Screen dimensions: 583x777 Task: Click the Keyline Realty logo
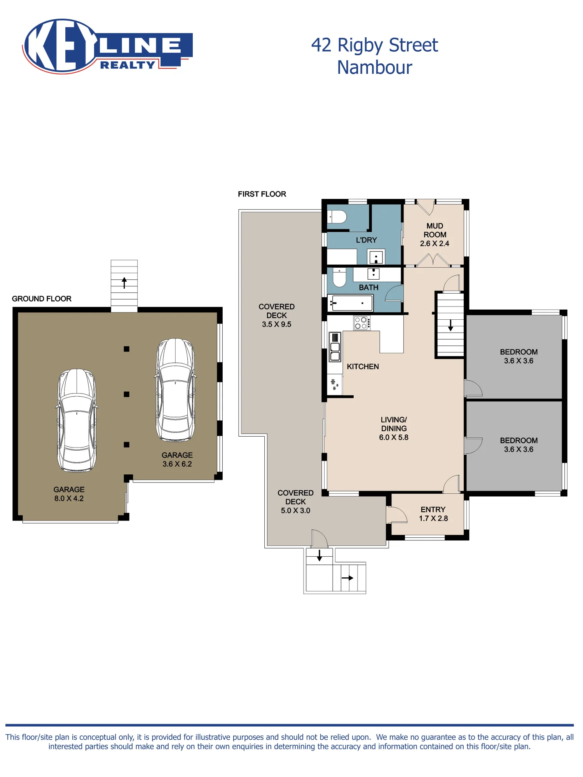[x=108, y=46]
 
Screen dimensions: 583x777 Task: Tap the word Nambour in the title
[x=374, y=68]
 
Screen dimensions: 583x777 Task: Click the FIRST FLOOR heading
[x=262, y=194]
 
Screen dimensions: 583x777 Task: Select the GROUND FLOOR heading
[x=42, y=299]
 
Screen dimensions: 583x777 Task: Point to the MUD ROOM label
[x=435, y=230]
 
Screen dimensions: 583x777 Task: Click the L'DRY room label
[x=367, y=240]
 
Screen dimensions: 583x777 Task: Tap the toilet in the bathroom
[x=339, y=277]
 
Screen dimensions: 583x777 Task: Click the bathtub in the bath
[x=350, y=303]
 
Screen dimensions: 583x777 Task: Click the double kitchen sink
[x=335, y=347]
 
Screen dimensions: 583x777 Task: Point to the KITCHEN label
[x=363, y=367]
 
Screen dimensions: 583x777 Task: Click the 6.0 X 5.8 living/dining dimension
[x=394, y=437]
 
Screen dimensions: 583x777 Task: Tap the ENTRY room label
[x=433, y=510]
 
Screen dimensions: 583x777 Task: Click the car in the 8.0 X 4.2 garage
[x=77, y=420]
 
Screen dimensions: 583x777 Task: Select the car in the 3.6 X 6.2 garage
[x=175, y=390]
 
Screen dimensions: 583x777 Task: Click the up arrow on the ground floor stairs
[x=124, y=282]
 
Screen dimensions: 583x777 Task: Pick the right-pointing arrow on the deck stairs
[x=347, y=578]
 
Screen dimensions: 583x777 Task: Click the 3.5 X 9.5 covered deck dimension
[x=276, y=324]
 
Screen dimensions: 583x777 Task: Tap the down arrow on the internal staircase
[x=450, y=325]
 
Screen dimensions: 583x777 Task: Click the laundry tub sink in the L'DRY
[x=376, y=257]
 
